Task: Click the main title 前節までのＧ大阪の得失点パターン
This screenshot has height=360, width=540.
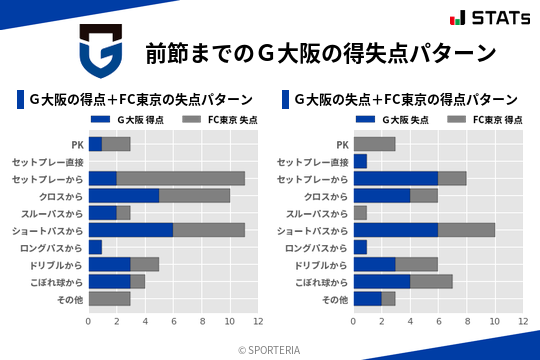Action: coord(320,52)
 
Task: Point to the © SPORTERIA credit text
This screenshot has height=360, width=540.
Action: coord(270,349)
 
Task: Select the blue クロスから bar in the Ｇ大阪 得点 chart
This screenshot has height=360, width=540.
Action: coord(123,195)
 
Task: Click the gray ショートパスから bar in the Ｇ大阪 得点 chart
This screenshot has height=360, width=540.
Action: coord(209,229)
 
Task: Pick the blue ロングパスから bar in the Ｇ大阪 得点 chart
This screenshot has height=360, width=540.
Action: coord(95,247)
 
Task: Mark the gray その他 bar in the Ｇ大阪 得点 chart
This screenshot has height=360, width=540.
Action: coord(109,298)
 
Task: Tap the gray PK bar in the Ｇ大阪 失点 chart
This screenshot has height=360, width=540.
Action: coord(374,144)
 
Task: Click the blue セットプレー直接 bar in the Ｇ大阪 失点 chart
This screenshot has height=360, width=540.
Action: coord(360,161)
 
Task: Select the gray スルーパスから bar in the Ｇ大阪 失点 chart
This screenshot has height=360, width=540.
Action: coord(360,212)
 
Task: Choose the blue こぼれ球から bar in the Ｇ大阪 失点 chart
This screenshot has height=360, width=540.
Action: coord(382,281)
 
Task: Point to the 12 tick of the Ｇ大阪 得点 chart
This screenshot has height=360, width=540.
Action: coord(258,322)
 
